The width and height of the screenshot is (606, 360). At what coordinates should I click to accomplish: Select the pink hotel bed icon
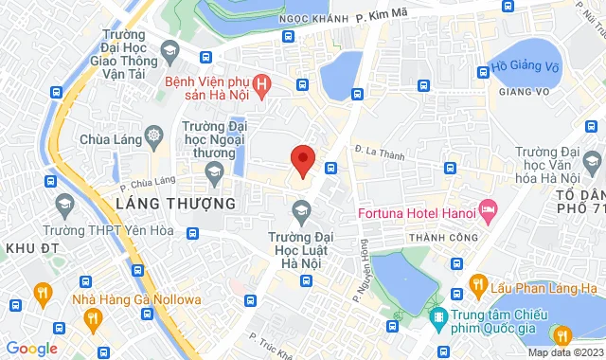[x=489, y=208]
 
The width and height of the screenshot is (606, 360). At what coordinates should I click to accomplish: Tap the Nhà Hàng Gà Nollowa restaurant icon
[x=42, y=292]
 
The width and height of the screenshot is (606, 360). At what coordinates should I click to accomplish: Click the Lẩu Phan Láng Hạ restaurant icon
[x=480, y=288]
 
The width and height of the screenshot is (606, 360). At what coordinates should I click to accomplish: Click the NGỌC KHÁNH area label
[x=307, y=18]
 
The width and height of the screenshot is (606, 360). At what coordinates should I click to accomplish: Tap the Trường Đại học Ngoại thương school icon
[x=215, y=171]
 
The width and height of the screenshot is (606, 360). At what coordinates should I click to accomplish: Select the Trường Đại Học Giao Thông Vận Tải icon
[x=169, y=50]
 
